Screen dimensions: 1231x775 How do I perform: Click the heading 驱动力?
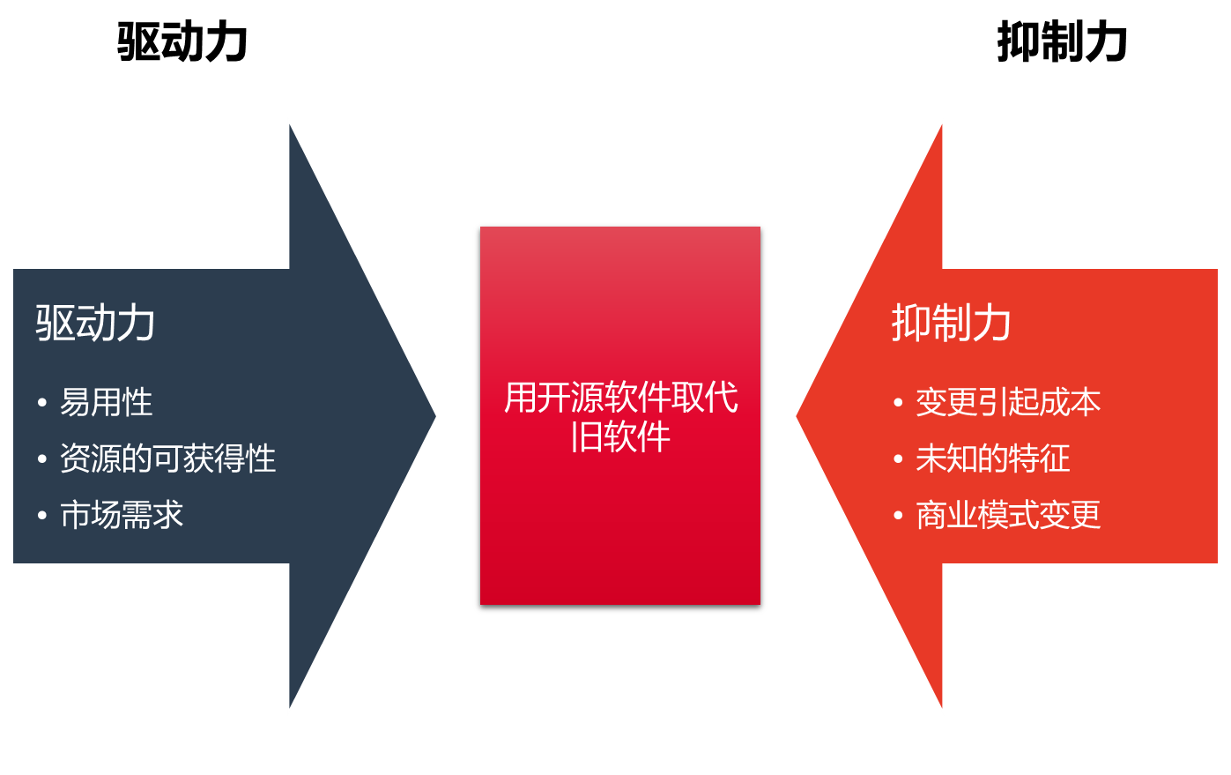95,323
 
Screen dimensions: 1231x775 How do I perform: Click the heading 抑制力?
951,323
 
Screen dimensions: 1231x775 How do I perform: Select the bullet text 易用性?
106,403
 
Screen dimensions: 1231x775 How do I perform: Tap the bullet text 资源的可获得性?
167,458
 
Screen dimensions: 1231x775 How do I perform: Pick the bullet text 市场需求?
122,515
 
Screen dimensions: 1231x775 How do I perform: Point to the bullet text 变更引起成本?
1008,403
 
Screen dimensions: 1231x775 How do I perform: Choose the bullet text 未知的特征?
992,458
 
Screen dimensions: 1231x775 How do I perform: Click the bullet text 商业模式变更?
1008,515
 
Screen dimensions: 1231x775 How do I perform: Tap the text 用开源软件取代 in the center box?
620,398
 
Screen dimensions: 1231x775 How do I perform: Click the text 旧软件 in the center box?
620,436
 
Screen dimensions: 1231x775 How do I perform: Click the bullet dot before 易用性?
42,404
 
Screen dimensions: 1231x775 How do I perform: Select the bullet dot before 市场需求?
42,516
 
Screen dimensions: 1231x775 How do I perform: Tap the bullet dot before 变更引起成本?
898,404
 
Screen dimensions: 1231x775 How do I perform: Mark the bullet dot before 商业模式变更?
898,516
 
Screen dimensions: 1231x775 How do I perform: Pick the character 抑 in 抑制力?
910,323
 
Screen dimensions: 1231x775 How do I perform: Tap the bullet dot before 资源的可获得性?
42,459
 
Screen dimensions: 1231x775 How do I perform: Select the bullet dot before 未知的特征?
898,459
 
